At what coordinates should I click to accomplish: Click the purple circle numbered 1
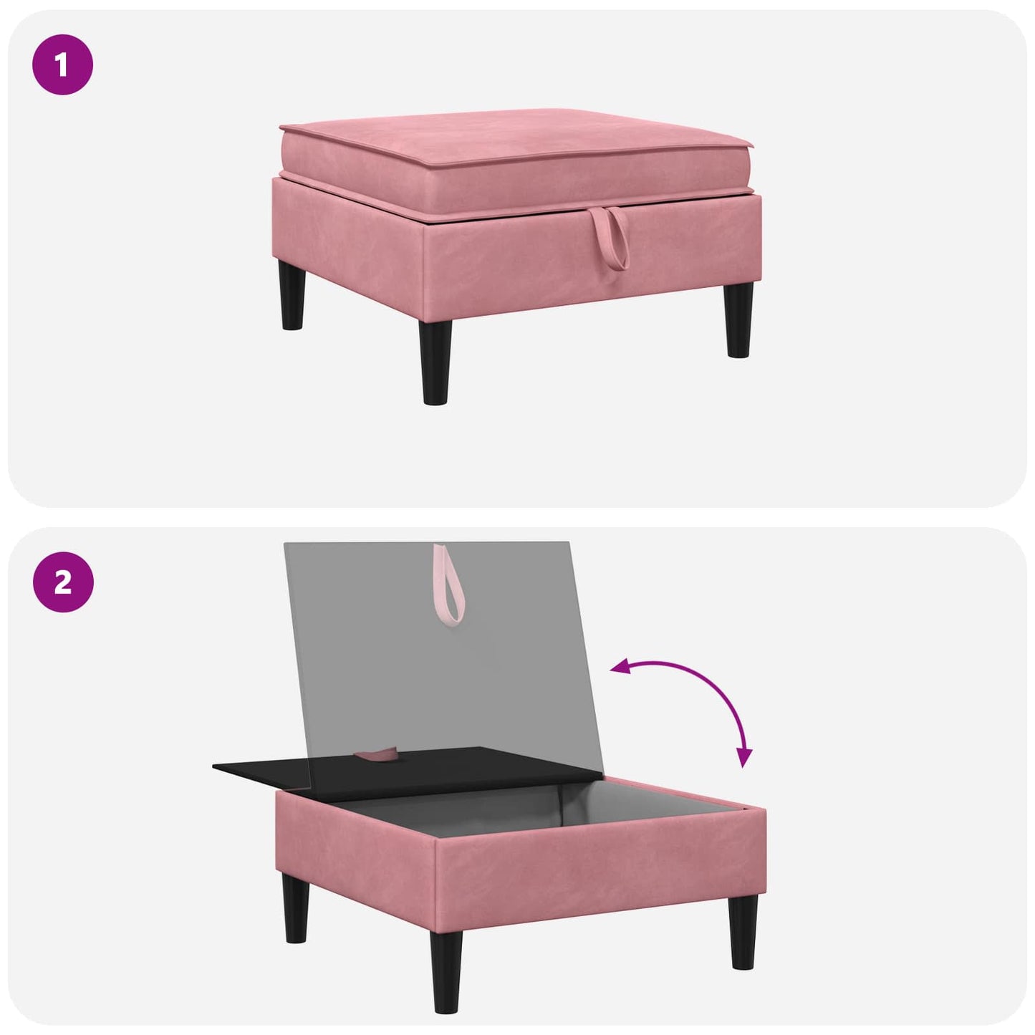coord(63,65)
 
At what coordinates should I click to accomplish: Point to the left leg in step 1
coord(293,295)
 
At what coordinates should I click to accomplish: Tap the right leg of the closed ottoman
coord(739,321)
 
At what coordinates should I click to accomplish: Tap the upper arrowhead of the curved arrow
coord(619,668)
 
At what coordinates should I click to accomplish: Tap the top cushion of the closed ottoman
coord(516,166)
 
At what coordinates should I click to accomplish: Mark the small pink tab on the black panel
coord(377,755)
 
